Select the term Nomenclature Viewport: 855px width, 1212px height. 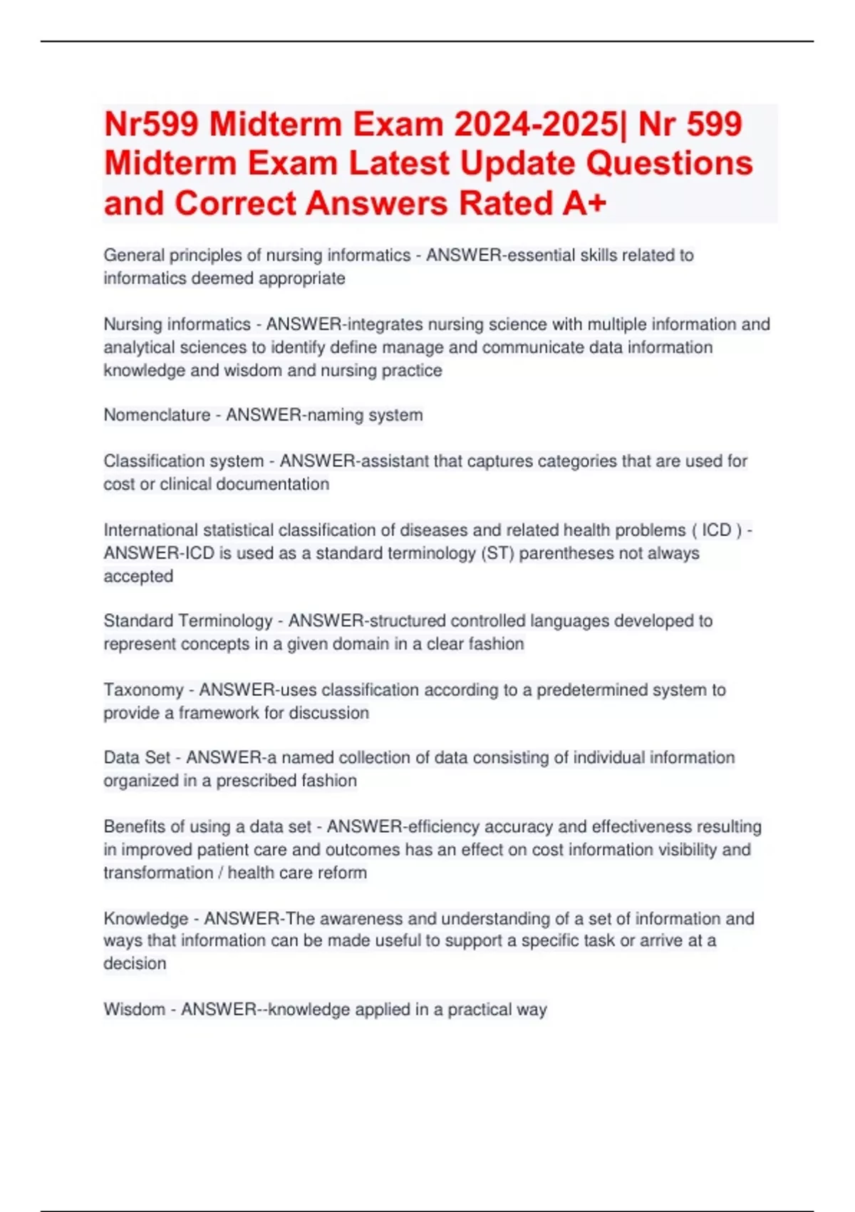157,415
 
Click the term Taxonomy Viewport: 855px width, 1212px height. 143,690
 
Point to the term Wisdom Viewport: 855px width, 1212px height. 134,1010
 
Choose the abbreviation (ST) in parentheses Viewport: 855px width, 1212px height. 498,553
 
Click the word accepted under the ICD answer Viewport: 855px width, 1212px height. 138,576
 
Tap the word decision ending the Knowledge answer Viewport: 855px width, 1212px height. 135,963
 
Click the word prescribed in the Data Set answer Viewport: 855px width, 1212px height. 255,781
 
